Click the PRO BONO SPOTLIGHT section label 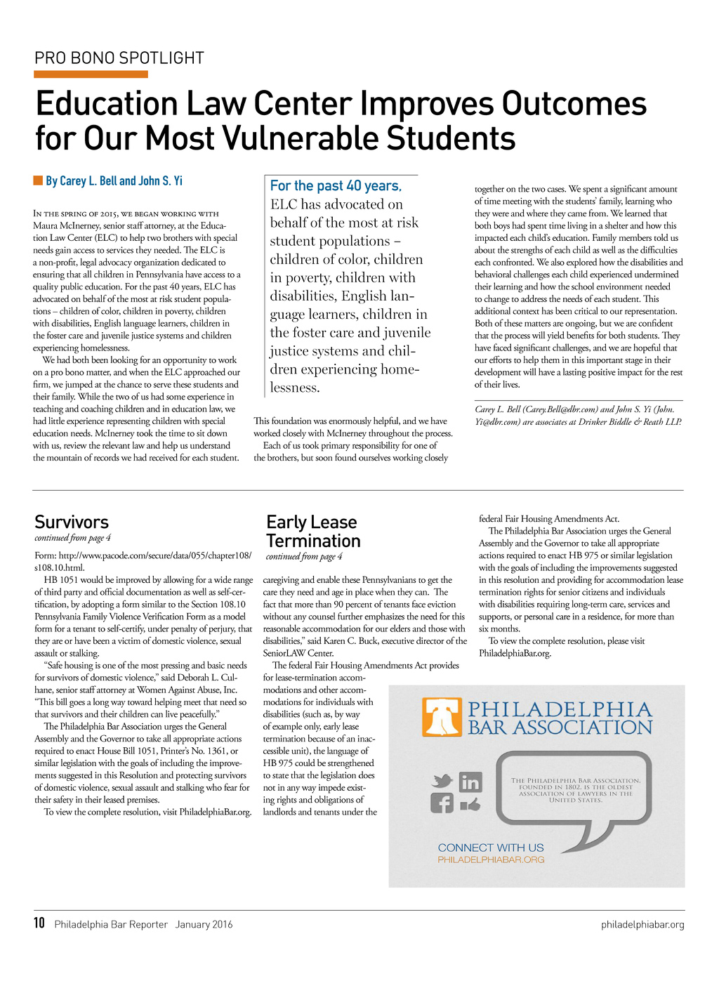(x=119, y=58)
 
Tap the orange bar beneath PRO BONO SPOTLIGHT (x=91, y=74)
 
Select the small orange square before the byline (x=38, y=181)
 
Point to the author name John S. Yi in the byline (x=160, y=181)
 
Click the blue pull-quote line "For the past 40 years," (x=336, y=186)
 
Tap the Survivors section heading (x=72, y=522)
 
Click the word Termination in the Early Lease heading (x=313, y=541)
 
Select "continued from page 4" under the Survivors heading (x=72, y=538)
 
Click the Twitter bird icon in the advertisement (x=442, y=781)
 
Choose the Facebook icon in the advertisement (x=442, y=803)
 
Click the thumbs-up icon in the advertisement (x=470, y=804)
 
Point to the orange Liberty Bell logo (x=442, y=718)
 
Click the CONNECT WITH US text (x=491, y=848)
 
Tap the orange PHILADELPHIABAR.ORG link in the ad (x=491, y=860)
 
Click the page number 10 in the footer (x=39, y=923)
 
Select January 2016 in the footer (x=204, y=924)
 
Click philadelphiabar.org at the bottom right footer (x=642, y=924)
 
